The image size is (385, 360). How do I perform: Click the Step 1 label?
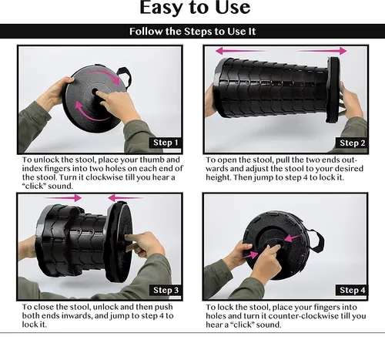[166, 143]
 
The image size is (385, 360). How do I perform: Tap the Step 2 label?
[352, 143]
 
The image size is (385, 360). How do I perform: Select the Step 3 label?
[166, 290]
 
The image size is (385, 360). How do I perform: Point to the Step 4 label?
[352, 290]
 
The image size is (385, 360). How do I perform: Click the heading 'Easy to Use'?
[195, 8]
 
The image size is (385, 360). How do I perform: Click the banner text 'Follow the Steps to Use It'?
[192, 32]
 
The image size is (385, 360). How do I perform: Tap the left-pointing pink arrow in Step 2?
[240, 51]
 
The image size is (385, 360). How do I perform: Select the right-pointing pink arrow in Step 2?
[322, 51]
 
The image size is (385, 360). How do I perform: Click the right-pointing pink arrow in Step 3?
[63, 198]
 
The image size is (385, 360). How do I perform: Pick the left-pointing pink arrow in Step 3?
[126, 198]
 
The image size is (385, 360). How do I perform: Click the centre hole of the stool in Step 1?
[95, 92]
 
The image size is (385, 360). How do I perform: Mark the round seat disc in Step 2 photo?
[333, 90]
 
